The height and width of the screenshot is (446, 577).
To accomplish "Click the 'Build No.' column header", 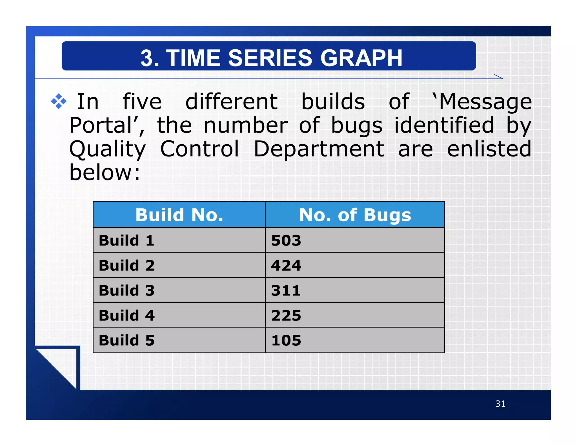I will (179, 215).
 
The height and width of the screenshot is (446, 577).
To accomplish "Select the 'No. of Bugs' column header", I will (355, 215).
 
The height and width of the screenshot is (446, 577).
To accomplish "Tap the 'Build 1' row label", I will (127, 240).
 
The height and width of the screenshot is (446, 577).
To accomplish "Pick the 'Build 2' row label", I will (127, 265).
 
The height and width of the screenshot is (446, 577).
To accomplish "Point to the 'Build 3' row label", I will (127, 290).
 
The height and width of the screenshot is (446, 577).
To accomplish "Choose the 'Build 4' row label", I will (127, 315).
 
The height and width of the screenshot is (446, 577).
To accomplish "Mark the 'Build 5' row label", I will (127, 340).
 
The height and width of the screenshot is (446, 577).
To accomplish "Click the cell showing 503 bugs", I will (286, 240).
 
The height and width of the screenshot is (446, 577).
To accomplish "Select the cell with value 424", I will (286, 265).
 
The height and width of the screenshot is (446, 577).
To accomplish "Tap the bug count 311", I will (286, 290).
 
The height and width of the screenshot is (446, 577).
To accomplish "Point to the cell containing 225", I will (286, 315).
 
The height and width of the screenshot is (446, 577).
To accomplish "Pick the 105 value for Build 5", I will (286, 340).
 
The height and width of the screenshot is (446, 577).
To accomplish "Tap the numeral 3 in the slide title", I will (147, 58).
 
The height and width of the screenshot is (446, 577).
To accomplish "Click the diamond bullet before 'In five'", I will (59, 101).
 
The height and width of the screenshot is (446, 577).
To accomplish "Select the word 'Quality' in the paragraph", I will (107, 149).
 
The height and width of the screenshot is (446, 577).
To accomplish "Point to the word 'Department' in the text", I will (319, 149).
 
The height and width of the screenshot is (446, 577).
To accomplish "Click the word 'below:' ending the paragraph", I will (105, 173).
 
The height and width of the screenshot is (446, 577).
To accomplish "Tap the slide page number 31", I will (500, 404).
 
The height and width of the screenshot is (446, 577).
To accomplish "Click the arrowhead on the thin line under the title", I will (499, 77).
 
